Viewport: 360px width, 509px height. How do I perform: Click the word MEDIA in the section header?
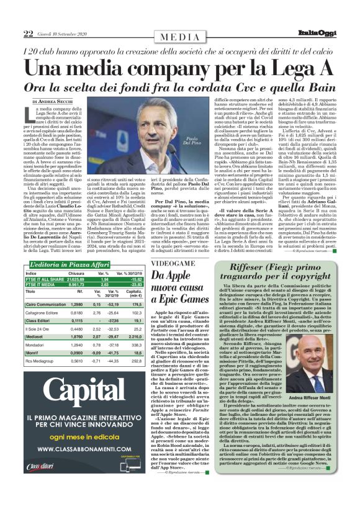pyautogui.click(x=180, y=37)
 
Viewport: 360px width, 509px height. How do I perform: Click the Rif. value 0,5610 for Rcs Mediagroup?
pyautogui.click(x=77, y=377)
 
